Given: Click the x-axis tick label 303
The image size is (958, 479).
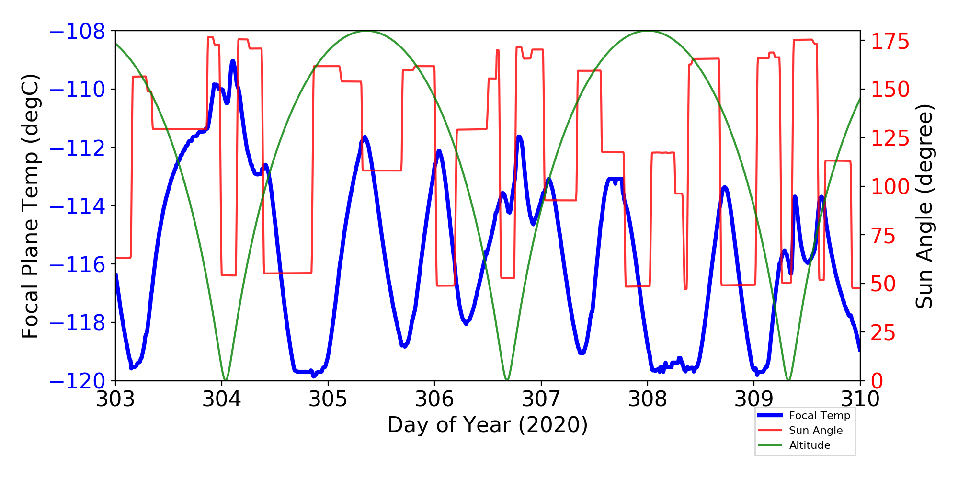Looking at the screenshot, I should pyautogui.click(x=115, y=399).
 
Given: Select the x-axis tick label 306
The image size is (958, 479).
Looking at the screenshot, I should pyautogui.click(x=434, y=399).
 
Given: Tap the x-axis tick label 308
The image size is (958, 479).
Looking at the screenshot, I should pyautogui.click(x=648, y=399).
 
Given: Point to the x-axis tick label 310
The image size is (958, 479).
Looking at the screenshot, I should pyautogui.click(x=860, y=399).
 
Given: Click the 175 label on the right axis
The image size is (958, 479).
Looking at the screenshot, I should pyautogui.click(x=890, y=42).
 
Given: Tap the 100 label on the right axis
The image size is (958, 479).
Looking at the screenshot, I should pyautogui.click(x=890, y=187).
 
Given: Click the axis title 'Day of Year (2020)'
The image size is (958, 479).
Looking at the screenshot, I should pyautogui.click(x=488, y=425).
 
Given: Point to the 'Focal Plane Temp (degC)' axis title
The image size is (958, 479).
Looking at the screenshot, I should pyautogui.click(x=30, y=206).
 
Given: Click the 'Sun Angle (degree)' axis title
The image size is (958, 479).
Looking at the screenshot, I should pyautogui.click(x=924, y=206).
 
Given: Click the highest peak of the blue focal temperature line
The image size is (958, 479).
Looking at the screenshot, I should pyautogui.click(x=233, y=61).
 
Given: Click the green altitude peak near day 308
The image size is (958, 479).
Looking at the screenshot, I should pyautogui.click(x=648, y=32).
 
